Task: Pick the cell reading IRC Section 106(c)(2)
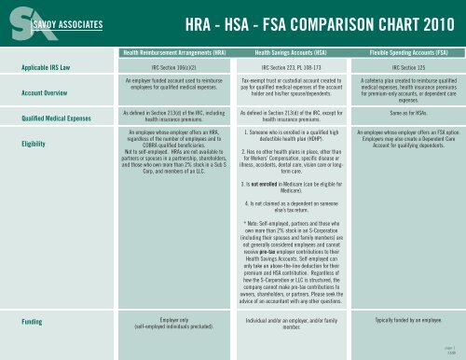(172, 69)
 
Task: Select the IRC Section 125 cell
(405, 69)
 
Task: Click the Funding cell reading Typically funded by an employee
(405, 319)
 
